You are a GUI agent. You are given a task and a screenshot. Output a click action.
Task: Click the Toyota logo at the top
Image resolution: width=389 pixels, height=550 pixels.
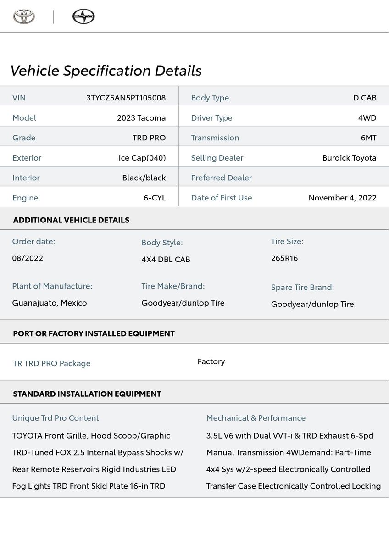(24, 17)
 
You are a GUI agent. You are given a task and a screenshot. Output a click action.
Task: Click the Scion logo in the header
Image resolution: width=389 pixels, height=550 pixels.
(83, 17)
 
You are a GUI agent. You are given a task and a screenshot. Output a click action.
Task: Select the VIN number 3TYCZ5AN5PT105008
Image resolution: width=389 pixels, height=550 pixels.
(126, 98)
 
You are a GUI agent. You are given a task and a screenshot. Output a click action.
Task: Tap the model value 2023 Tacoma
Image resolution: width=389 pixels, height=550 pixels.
(141, 118)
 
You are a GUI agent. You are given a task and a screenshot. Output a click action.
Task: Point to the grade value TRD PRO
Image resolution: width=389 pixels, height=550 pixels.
(149, 138)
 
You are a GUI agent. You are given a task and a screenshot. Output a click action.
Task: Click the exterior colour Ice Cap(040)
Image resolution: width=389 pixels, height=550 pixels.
(142, 158)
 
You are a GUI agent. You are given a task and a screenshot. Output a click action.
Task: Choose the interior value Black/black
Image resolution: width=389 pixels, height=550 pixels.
(144, 178)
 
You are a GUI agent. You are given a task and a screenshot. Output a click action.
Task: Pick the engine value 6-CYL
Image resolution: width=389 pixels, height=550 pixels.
(155, 198)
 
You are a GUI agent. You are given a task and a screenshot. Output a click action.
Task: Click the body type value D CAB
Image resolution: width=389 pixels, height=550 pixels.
(365, 98)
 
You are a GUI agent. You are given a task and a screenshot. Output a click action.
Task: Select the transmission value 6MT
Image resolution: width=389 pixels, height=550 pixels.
(368, 138)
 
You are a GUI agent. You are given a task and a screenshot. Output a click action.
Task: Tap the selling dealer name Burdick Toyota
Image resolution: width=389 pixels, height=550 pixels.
(349, 158)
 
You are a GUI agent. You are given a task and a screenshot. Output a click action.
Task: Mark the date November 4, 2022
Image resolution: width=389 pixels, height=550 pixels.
(342, 198)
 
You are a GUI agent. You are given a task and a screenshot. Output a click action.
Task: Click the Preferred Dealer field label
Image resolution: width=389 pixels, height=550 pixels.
(221, 178)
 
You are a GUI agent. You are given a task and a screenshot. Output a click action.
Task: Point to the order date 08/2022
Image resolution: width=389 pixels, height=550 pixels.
(28, 258)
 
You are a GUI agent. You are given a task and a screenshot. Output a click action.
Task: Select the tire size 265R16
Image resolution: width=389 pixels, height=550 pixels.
(284, 258)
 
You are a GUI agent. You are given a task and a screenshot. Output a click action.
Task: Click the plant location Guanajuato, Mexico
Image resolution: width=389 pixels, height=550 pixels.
(50, 303)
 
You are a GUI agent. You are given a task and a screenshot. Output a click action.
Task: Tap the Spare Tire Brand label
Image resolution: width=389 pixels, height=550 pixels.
(302, 287)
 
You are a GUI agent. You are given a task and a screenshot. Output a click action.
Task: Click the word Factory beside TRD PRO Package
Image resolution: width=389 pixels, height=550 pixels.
(211, 361)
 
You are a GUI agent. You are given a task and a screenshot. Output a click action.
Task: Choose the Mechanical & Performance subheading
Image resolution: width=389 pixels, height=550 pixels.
(256, 418)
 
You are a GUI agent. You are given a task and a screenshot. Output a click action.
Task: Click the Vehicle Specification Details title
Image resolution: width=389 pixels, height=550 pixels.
(106, 71)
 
